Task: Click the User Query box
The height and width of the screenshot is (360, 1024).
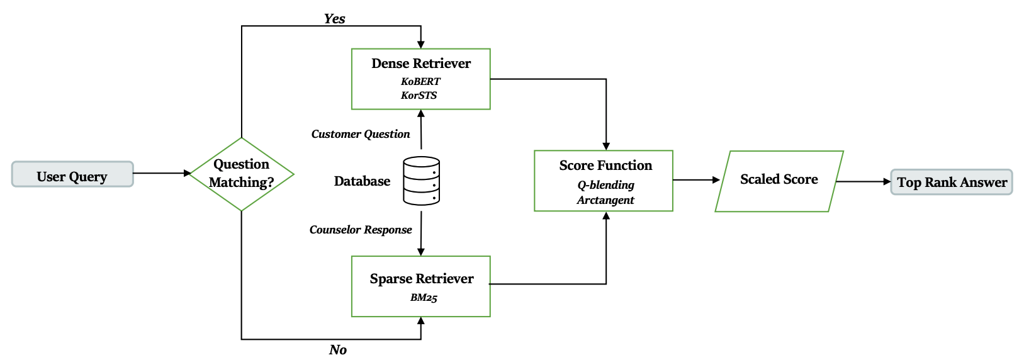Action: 72,174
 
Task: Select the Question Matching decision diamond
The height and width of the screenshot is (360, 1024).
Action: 242,174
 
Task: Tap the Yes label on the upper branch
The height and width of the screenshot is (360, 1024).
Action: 334,19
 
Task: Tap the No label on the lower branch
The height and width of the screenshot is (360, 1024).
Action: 338,350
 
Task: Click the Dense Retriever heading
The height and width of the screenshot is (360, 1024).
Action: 420,64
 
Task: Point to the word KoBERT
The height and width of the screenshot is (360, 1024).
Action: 420,82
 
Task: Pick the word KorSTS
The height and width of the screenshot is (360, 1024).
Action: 419,96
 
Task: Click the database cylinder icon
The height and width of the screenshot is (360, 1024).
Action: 421,181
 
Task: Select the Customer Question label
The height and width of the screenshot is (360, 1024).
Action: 361,134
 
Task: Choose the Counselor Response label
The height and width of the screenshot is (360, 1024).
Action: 361,230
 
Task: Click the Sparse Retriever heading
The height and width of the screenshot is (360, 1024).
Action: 421,279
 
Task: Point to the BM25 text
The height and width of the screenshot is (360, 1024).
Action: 424,298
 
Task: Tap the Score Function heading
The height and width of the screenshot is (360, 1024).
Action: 605,166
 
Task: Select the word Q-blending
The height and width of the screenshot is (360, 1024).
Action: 605,185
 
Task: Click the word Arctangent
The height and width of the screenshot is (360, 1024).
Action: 605,200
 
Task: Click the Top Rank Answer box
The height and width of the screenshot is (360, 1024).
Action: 951,183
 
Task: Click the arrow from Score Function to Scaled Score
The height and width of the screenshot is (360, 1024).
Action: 696,180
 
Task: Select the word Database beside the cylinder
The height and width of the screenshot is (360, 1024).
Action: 362,181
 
